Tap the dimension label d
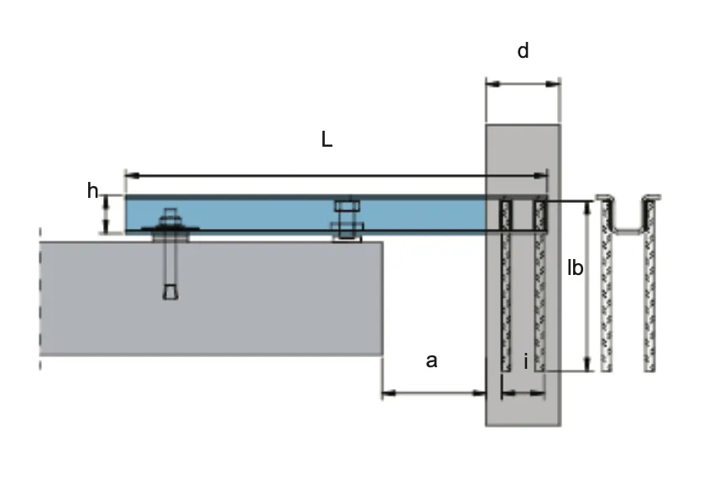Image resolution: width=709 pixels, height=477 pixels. pyautogui.click(x=523, y=50)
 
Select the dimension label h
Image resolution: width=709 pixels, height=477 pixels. pyautogui.click(x=92, y=190)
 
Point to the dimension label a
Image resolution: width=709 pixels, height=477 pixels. pyautogui.click(x=432, y=361)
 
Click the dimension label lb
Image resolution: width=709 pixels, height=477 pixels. pyautogui.click(x=575, y=268)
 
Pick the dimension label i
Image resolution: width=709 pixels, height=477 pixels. pyautogui.click(x=526, y=362)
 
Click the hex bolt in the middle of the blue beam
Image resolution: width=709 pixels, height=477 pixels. pyautogui.click(x=347, y=219)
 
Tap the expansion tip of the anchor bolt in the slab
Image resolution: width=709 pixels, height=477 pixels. pyautogui.click(x=170, y=292)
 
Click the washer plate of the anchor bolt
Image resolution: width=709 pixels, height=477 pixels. pyautogui.click(x=170, y=229)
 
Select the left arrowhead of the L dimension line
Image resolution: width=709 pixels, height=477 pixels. pyautogui.click(x=132, y=175)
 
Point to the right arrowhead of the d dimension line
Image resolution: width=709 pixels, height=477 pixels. pyautogui.click(x=554, y=84)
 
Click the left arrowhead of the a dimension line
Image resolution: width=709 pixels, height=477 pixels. pyautogui.click(x=388, y=393)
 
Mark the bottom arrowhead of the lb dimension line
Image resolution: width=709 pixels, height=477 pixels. pyautogui.click(x=588, y=364)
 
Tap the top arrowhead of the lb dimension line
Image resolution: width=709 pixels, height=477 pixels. pyautogui.click(x=588, y=209)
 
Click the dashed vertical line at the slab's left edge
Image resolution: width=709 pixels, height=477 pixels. pyautogui.click(x=40, y=299)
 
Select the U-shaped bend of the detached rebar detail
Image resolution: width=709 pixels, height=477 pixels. pyautogui.click(x=628, y=229)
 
